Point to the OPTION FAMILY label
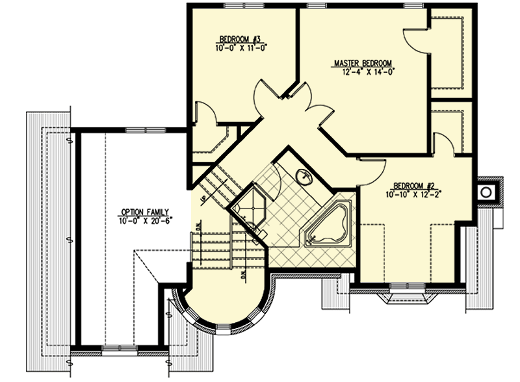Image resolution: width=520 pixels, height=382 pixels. [144, 212]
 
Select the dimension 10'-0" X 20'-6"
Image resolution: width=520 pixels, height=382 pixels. [144, 220]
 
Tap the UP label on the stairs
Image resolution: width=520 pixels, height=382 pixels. [203, 197]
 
